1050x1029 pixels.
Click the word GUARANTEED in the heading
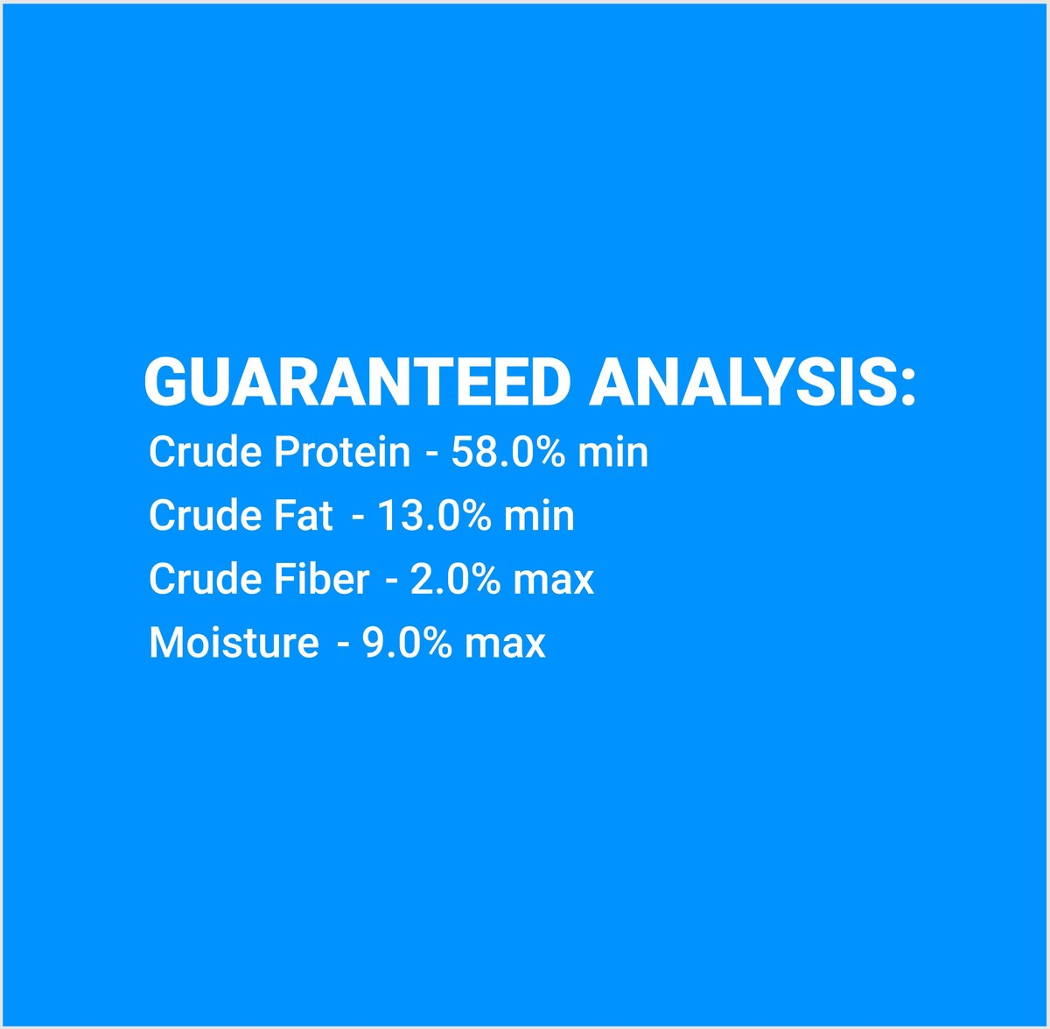click(x=358, y=382)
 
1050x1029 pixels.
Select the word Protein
click(x=341, y=452)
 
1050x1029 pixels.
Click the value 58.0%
click(x=507, y=452)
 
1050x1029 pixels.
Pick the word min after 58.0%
click(x=612, y=452)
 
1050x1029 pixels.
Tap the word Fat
click(x=303, y=515)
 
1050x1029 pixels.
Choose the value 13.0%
click(x=434, y=515)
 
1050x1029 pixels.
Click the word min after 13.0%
click(x=539, y=515)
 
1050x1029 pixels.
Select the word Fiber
click(x=321, y=578)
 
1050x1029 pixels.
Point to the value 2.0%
click(x=455, y=578)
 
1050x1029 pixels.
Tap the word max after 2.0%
click(x=554, y=581)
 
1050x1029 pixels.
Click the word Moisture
click(x=234, y=642)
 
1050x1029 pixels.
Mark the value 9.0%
click(x=407, y=642)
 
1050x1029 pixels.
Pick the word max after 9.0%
click(x=505, y=645)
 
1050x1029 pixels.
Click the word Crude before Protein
click(x=205, y=452)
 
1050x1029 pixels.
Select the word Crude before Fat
click(x=205, y=515)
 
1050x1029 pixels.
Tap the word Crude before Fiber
click(x=205, y=578)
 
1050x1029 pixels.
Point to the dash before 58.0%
click(x=431, y=455)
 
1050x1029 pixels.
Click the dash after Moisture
click(x=343, y=645)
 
